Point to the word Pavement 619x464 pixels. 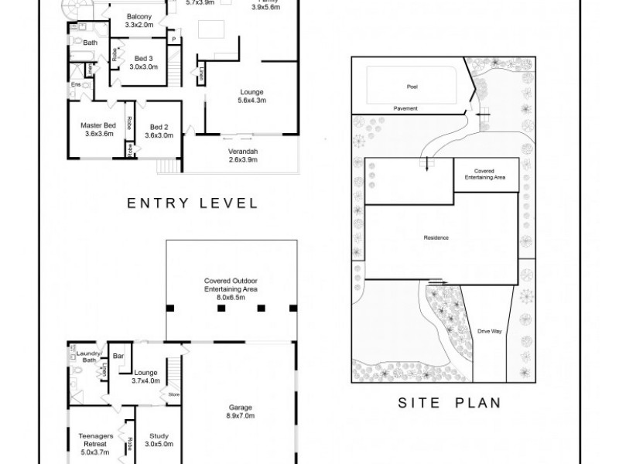tap(405, 108)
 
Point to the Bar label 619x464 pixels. tap(118, 357)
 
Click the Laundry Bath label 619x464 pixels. tap(90, 357)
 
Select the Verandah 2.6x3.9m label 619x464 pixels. tap(242, 155)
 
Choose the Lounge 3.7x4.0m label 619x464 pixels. tap(146, 377)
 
